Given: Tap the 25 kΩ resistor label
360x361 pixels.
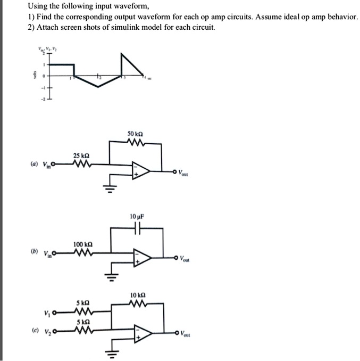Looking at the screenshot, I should [x=81, y=155].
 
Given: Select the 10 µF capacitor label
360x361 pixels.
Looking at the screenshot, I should [x=137, y=217].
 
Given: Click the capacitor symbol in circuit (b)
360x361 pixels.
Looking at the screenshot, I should [x=137, y=229].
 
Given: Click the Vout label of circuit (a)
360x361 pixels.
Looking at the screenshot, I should [x=183, y=173].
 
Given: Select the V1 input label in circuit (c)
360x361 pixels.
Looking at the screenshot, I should [x=48, y=312].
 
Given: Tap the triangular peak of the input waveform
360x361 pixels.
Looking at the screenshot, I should [x=123, y=55].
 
